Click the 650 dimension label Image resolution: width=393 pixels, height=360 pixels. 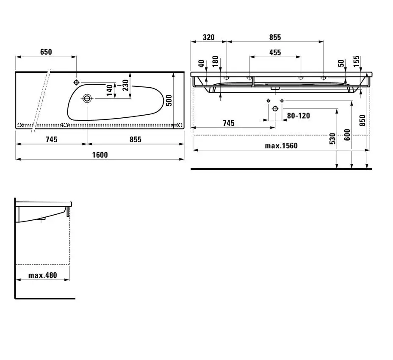(46, 52)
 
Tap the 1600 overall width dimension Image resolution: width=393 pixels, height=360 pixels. (100, 155)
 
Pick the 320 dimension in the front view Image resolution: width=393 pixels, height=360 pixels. (208, 37)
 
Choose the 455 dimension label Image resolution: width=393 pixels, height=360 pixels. (275, 53)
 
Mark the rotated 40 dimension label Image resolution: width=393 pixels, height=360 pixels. (201, 64)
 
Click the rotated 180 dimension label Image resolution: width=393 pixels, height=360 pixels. (215, 61)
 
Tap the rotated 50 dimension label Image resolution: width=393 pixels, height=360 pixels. (341, 64)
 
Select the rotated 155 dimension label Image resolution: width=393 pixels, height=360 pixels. (356, 61)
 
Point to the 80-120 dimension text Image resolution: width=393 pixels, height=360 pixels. (299, 115)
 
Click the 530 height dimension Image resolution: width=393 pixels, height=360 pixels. (332, 138)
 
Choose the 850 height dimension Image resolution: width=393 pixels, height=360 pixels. (362, 121)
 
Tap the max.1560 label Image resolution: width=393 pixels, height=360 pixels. (281, 146)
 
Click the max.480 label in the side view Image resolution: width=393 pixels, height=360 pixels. (43, 275)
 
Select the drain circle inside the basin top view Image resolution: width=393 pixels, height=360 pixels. (87, 99)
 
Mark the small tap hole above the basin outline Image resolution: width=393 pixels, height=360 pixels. (77, 82)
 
